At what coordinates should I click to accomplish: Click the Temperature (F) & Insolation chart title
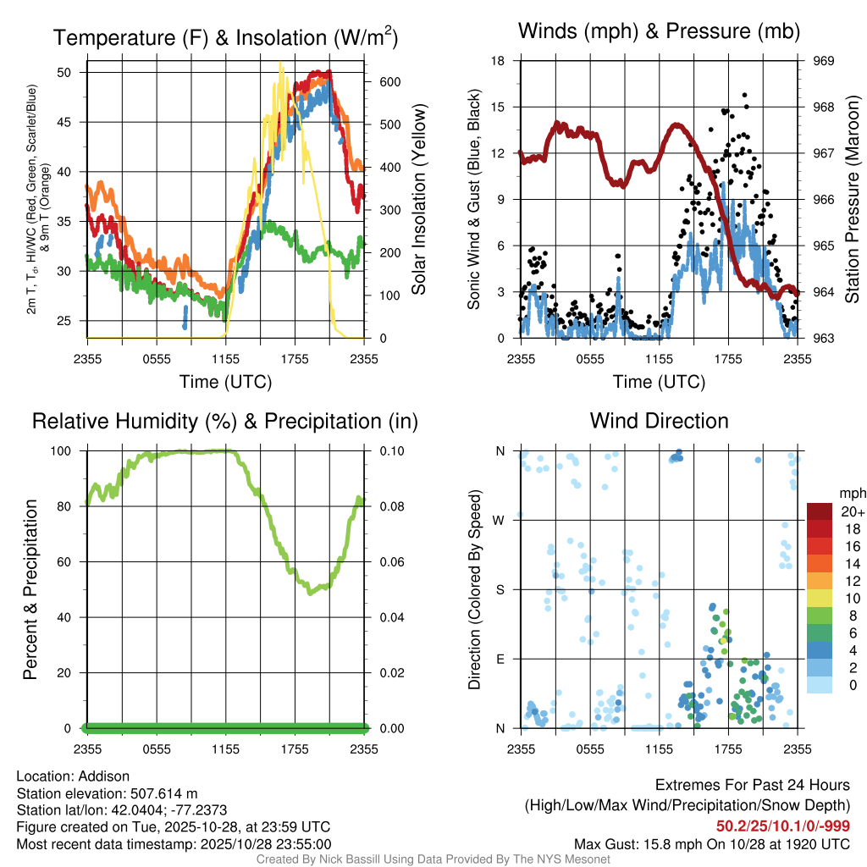(x=225, y=37)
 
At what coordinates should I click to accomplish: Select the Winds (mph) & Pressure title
(x=659, y=32)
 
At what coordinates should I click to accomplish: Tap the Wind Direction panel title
(x=659, y=421)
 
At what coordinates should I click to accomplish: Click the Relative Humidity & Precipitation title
(x=225, y=421)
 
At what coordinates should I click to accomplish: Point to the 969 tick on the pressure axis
(x=824, y=61)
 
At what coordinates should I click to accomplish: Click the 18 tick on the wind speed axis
(x=499, y=61)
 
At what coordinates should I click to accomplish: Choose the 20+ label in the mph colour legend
(x=852, y=511)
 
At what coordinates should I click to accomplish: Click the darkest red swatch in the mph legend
(x=819, y=511)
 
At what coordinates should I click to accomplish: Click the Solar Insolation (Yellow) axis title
(x=419, y=200)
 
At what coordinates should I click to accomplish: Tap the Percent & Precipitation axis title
(x=30, y=589)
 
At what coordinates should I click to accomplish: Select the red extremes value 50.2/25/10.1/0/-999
(x=783, y=826)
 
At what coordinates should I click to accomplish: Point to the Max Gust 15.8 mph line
(x=712, y=843)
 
